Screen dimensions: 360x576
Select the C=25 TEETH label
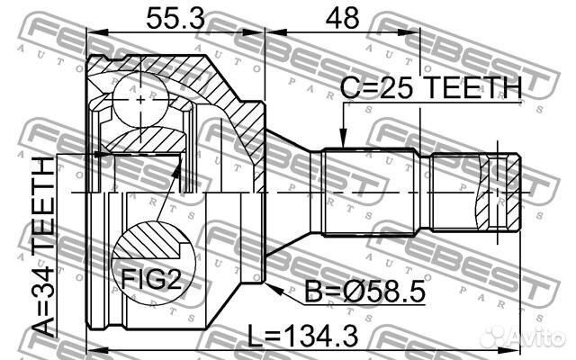pos(432,87)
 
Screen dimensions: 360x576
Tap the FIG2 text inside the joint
pos(149,280)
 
